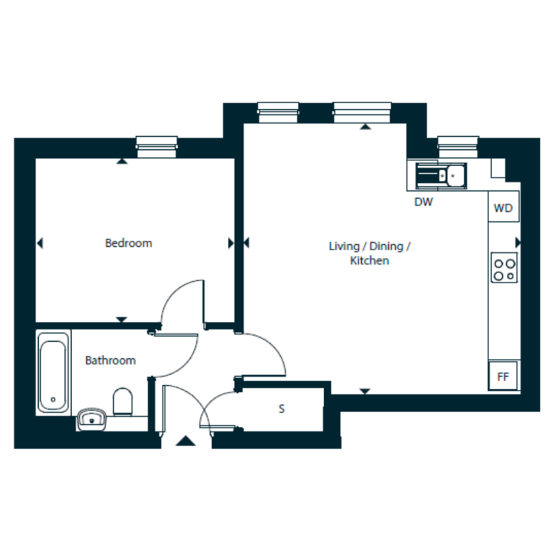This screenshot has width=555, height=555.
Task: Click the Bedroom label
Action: pyautogui.click(x=129, y=243)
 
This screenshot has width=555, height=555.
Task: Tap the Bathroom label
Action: pyautogui.click(x=110, y=361)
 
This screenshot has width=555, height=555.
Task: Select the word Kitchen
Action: pyautogui.click(x=369, y=261)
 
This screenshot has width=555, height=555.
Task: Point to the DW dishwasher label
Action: pyautogui.click(x=423, y=202)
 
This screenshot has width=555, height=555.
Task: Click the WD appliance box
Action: pyautogui.click(x=504, y=207)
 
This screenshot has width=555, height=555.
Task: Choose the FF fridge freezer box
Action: pyautogui.click(x=503, y=376)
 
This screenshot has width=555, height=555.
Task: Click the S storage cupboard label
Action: pyautogui.click(x=281, y=409)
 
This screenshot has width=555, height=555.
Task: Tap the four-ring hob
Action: pyautogui.click(x=504, y=268)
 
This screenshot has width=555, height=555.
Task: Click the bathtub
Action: pyautogui.click(x=53, y=372)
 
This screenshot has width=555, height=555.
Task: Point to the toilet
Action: pyautogui.click(x=123, y=402)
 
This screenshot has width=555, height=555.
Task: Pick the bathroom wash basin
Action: pyautogui.click(x=92, y=419)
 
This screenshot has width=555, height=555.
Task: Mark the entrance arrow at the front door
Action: pyautogui.click(x=186, y=440)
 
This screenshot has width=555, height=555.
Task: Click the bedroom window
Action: pyautogui.click(x=156, y=147)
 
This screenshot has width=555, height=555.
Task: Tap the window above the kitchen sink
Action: pyautogui.click(x=458, y=147)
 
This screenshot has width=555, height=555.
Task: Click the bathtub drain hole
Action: pyautogui.click(x=53, y=399)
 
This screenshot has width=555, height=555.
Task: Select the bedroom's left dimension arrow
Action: pyautogui.click(x=40, y=243)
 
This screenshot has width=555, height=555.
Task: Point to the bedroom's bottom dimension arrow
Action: pyautogui.click(x=122, y=319)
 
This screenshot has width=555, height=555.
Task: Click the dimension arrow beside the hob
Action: pyautogui.click(x=518, y=243)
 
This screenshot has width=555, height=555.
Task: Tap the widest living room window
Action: pyautogui.click(x=362, y=113)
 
